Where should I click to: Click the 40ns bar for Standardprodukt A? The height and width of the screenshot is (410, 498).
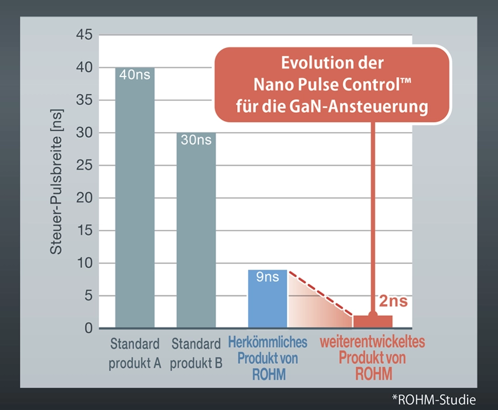135,199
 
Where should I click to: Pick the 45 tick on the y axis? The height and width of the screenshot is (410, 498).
84,35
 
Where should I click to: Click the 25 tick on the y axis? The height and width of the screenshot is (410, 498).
84,166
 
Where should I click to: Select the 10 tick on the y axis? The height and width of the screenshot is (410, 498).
84,263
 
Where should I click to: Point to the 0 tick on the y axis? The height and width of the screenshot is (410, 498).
88,329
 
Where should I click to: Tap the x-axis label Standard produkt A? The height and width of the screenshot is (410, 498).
135,353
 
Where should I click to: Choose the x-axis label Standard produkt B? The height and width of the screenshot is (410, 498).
197,353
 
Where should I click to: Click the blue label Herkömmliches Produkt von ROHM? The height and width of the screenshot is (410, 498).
268,358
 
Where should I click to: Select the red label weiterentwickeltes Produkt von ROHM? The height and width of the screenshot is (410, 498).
372,358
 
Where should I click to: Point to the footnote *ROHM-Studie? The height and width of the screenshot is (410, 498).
434,400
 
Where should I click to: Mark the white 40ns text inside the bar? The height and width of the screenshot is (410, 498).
135,75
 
